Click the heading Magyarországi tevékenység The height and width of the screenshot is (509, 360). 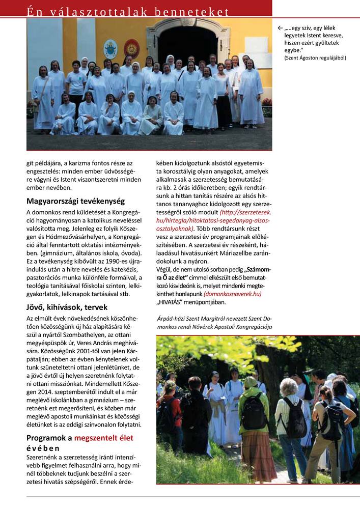click(x=75, y=201)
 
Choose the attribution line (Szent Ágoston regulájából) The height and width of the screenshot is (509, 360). click(x=315, y=58)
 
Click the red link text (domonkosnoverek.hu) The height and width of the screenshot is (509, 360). click(x=232, y=294)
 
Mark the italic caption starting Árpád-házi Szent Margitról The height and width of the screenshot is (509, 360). click(x=215, y=323)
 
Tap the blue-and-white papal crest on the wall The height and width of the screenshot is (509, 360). click(x=110, y=49)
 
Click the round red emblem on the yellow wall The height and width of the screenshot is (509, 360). click(x=131, y=48)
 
